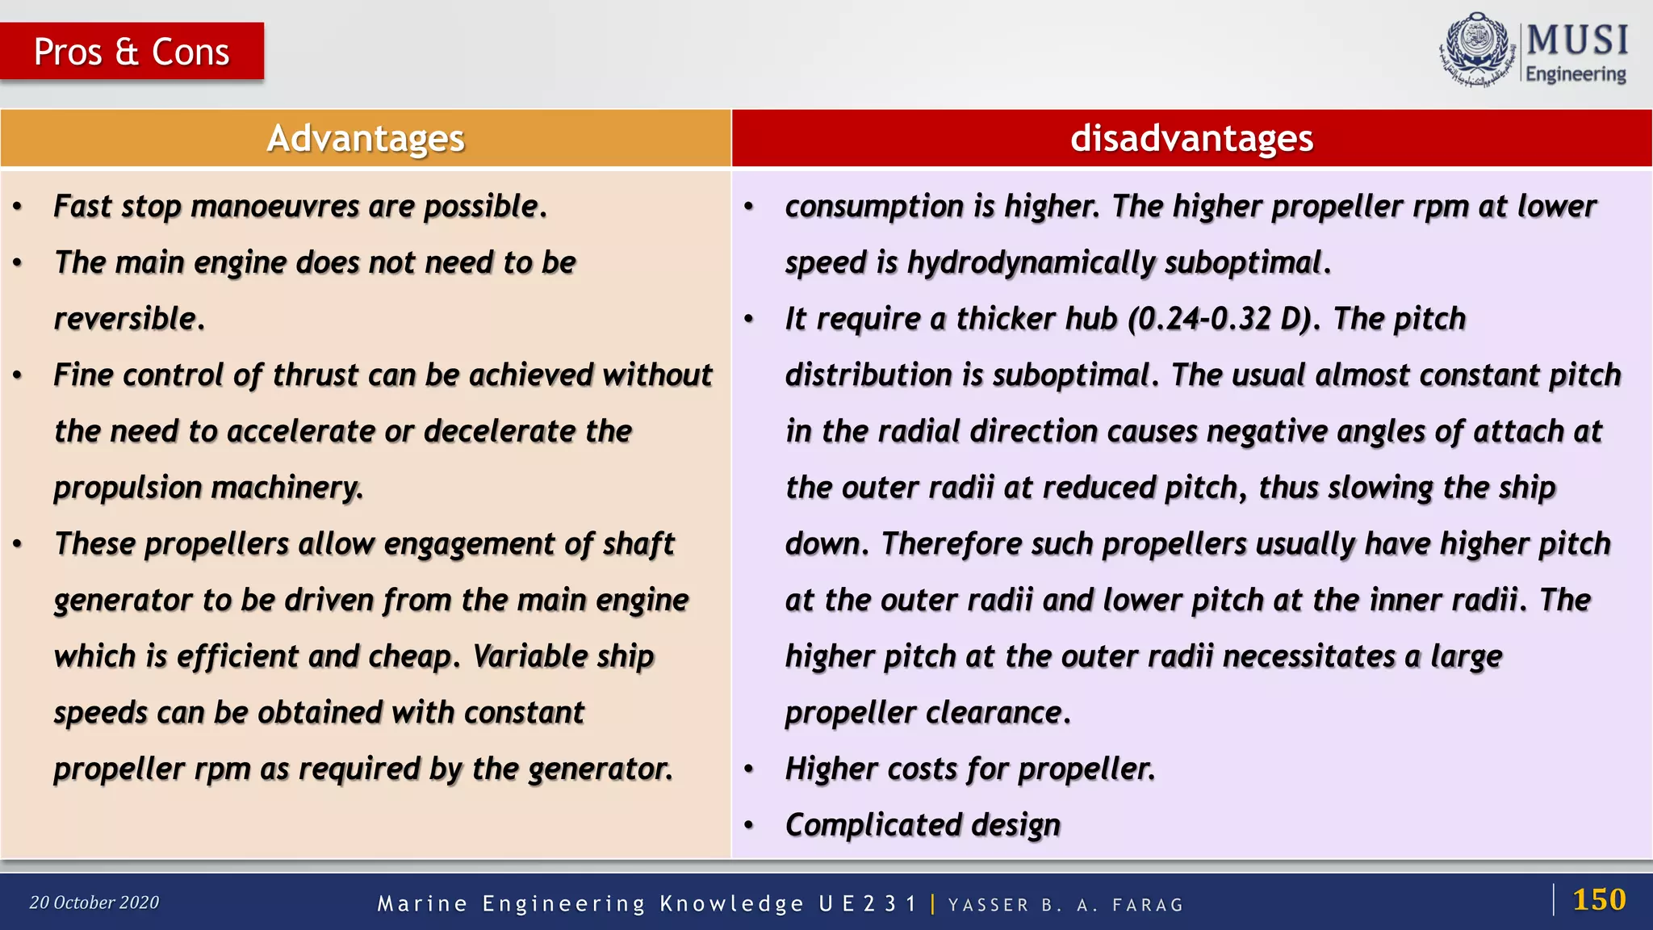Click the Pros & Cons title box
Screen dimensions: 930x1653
[132, 52]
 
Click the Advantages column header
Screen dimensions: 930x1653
[366, 138]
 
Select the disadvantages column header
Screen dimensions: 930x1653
[1191, 138]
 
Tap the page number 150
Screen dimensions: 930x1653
[1598, 899]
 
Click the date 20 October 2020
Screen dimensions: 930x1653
[94, 903]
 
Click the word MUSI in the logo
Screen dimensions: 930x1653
[1577, 40]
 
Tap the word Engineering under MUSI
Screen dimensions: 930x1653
[1575, 74]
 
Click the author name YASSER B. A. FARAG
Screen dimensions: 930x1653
[1065, 905]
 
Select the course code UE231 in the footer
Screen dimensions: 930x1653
[868, 903]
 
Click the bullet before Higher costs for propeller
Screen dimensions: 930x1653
[749, 769]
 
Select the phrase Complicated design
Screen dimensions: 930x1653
[923, 825]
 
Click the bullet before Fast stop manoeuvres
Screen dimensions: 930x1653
[18, 207]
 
